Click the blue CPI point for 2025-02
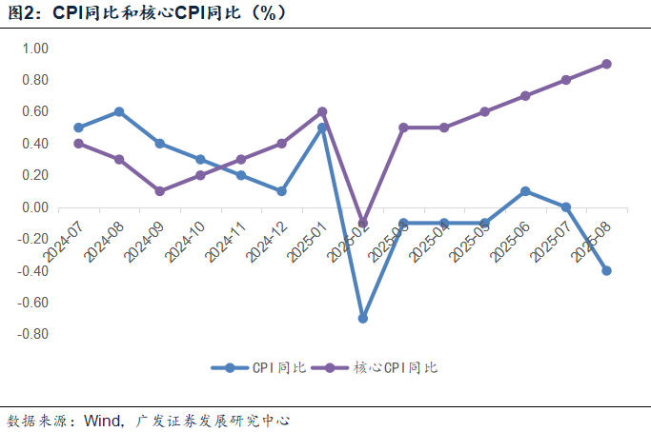click(x=363, y=318)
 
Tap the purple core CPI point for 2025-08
click(x=606, y=64)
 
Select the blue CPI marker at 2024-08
click(x=119, y=111)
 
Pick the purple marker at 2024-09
click(x=159, y=191)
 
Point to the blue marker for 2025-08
click(x=606, y=270)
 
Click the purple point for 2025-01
click(x=322, y=111)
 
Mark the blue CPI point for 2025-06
click(x=525, y=191)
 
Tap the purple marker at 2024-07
click(x=78, y=144)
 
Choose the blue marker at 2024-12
click(x=281, y=191)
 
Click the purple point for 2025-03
click(x=403, y=128)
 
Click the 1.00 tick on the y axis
click(x=34, y=49)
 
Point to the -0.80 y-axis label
click(x=32, y=334)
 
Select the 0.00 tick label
click(x=34, y=207)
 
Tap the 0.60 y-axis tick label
click(x=34, y=111)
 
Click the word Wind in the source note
click(x=102, y=419)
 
